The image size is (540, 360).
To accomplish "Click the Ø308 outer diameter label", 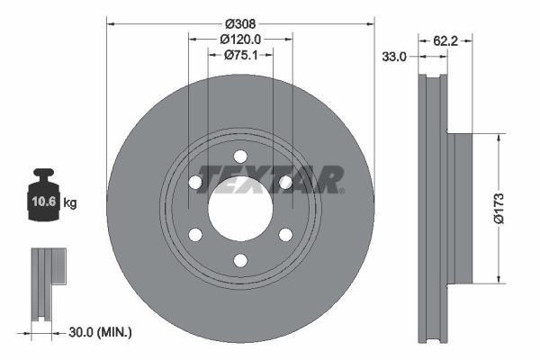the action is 240,24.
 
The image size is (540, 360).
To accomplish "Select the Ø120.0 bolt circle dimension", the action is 240,40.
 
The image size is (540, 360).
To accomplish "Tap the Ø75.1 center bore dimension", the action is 240,55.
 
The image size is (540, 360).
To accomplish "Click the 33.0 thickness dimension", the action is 394,57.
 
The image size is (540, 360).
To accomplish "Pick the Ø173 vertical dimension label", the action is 499,209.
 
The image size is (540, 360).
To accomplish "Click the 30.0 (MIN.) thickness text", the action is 100,332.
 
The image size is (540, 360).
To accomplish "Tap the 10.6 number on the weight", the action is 44,202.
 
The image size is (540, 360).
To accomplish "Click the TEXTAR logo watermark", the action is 271,179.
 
